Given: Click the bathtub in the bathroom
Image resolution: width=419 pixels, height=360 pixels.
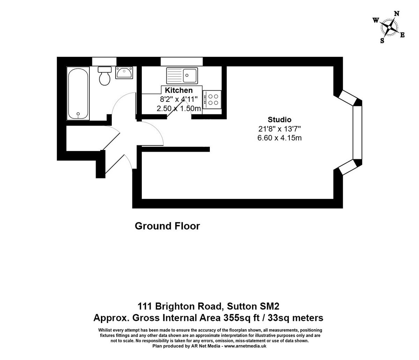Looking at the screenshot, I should [79, 93].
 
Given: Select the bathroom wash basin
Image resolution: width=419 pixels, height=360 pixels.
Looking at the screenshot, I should [124, 73].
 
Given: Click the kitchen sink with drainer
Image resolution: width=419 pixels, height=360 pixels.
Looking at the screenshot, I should [182, 75].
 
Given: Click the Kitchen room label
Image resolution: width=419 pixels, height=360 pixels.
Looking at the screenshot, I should [179, 90].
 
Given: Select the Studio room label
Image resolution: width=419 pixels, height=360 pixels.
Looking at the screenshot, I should [279, 120].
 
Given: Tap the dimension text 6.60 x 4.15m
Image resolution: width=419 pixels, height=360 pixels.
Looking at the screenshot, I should [279, 138].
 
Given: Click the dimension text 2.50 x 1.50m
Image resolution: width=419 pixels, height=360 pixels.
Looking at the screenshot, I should [179, 108].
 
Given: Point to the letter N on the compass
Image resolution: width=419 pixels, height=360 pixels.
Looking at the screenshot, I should [397, 14].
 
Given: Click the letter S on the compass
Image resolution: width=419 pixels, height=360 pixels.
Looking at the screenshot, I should [382, 40].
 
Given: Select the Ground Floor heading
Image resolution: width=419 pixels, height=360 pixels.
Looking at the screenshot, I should [167, 226].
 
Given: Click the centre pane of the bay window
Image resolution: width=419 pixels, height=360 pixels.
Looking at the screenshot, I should [358, 133].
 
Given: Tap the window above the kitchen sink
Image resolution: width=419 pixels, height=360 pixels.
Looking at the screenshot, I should [182, 61].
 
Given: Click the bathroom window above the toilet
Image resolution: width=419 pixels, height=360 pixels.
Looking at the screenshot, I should [104, 61].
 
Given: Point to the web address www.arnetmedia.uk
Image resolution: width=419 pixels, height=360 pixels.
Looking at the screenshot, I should [245, 346].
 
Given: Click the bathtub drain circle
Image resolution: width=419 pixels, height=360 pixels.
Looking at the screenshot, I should [78, 114].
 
